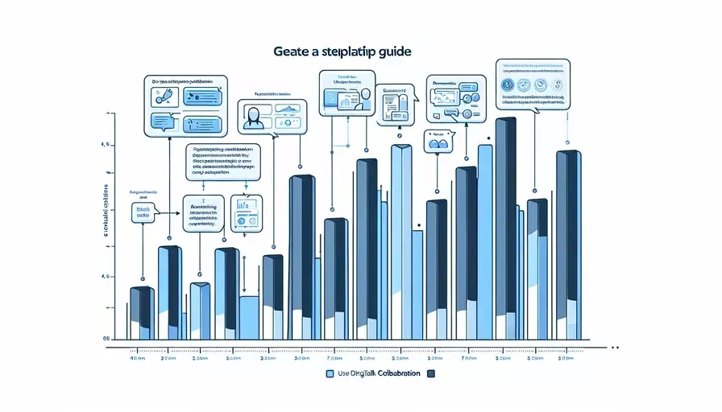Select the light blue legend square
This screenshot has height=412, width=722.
click(329, 374)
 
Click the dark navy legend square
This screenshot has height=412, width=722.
click(430, 374)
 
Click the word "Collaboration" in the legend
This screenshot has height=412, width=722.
click(398, 374)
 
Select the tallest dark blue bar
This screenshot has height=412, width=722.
click(505, 225)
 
